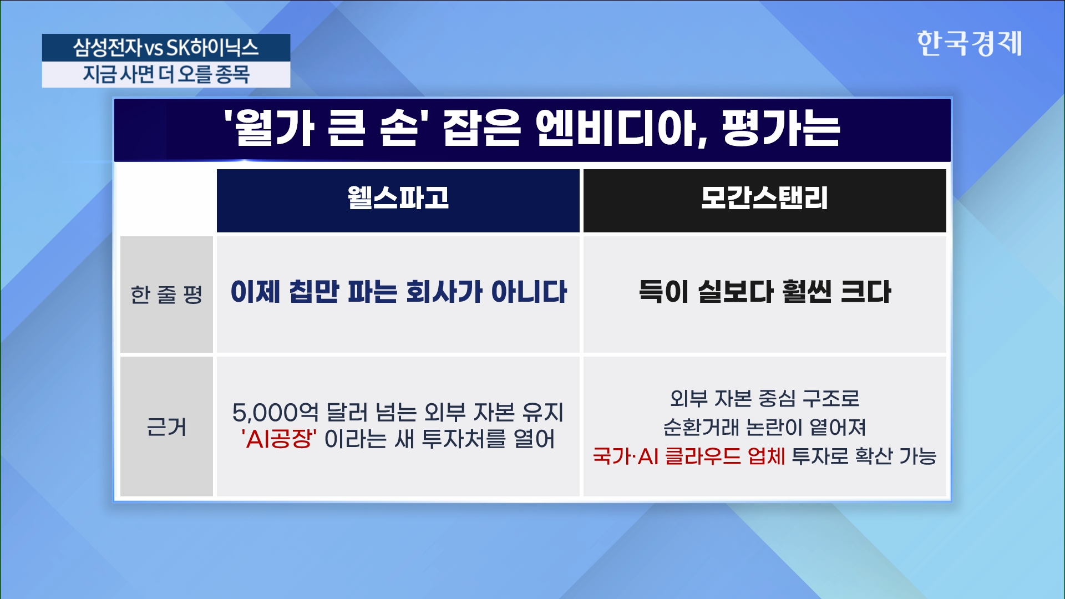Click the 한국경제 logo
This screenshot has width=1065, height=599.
point(969,43)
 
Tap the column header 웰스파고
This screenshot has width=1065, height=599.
point(398,197)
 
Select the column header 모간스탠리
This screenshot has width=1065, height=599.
point(764,197)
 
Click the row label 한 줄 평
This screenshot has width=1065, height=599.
point(166,294)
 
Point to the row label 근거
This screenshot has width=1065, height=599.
point(166,427)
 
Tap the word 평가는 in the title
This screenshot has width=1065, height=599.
point(782,129)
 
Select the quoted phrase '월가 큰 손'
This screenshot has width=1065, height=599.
point(322,129)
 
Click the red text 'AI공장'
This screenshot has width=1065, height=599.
point(279,439)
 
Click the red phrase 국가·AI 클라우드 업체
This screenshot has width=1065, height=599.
point(689,456)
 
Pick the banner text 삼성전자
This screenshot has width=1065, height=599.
point(108,47)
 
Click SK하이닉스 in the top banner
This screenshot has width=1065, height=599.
point(212,47)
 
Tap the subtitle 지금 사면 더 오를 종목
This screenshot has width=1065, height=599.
point(166,74)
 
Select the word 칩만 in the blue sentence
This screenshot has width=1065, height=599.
point(314,292)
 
